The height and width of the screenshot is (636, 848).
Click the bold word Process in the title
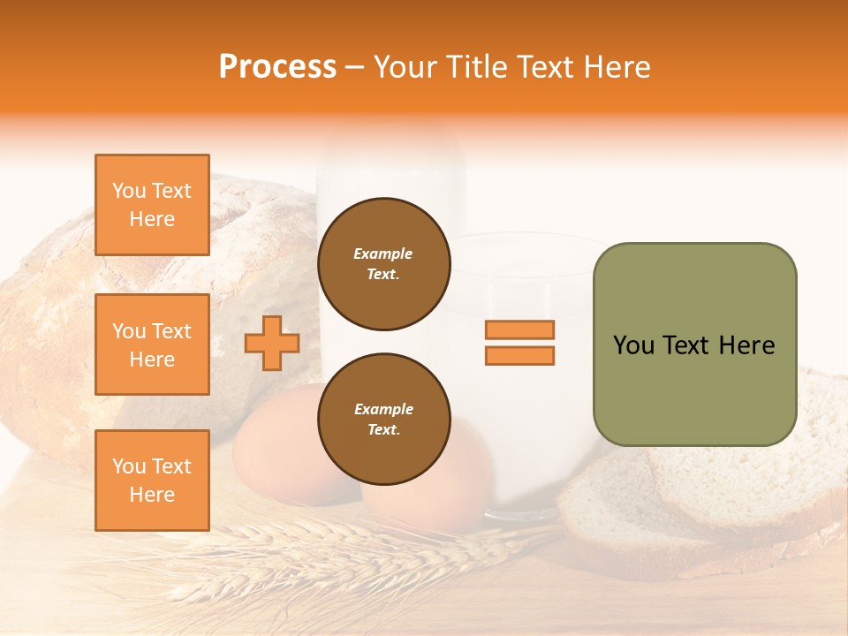click(x=277, y=67)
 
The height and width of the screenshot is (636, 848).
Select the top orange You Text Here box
click(x=152, y=205)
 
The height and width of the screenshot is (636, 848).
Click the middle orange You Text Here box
click(x=152, y=344)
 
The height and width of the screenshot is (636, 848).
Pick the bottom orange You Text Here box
click(x=152, y=480)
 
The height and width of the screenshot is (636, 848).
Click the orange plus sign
click(x=272, y=343)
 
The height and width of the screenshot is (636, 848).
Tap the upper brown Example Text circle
click(x=383, y=264)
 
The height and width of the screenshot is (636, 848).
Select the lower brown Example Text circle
click(x=383, y=420)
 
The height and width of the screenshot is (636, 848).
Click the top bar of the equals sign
click(x=519, y=329)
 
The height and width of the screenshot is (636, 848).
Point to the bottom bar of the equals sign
click(x=519, y=355)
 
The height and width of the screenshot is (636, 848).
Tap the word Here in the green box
click(x=746, y=345)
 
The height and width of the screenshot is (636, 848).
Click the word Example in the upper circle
click(x=383, y=254)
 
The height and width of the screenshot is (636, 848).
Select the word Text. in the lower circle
click(x=383, y=430)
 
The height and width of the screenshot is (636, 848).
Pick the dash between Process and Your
click(x=354, y=68)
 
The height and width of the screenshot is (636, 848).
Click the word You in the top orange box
click(x=128, y=191)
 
